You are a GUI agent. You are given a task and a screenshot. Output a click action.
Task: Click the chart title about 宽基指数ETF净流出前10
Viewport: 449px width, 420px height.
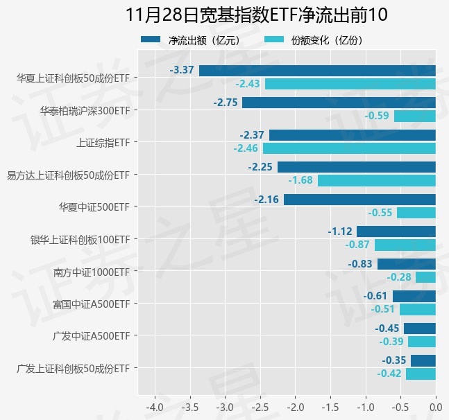(x=257, y=15)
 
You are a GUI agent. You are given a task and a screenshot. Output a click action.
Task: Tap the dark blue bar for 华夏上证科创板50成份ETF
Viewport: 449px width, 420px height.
(x=317, y=70)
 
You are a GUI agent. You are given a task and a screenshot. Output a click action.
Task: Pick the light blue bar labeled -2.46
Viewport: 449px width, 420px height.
(x=349, y=148)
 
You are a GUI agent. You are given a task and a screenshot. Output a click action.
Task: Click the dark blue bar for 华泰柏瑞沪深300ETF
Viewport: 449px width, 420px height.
(x=339, y=103)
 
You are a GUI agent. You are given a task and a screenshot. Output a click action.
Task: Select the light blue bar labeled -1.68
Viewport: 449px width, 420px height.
(x=377, y=180)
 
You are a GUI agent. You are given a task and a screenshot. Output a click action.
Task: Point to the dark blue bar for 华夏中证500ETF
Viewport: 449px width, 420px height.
(x=359, y=200)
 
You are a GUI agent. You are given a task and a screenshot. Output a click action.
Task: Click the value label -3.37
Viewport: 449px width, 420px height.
(x=182, y=70)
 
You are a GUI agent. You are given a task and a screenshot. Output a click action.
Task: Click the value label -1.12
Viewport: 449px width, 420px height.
(x=340, y=231)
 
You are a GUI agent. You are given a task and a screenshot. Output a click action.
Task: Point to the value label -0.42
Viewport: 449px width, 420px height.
(x=389, y=374)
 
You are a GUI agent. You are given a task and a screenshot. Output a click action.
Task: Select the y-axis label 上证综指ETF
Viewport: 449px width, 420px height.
(x=103, y=143)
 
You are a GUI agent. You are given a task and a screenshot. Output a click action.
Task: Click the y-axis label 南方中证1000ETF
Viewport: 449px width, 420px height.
(x=92, y=272)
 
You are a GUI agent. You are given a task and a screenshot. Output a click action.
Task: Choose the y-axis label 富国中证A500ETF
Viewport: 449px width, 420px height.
(x=92, y=304)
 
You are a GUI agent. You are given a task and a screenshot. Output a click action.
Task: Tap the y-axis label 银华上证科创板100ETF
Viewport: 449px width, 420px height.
(x=80, y=240)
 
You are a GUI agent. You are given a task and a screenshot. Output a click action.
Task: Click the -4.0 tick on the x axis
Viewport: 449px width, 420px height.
(x=154, y=406)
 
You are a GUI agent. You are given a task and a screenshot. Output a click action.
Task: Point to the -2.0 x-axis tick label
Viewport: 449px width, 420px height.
(x=295, y=406)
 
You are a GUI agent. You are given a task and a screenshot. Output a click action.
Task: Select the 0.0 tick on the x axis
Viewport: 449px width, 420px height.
(x=436, y=406)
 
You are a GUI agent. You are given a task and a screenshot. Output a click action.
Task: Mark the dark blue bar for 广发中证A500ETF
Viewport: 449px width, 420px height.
(x=420, y=329)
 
